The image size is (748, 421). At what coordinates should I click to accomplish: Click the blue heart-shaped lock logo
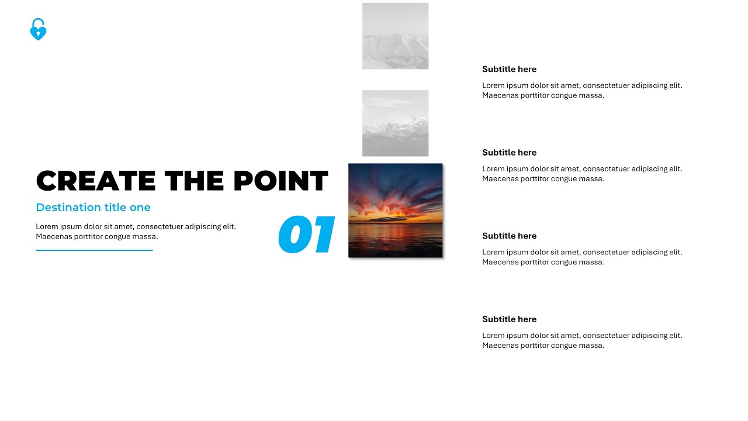[38, 30]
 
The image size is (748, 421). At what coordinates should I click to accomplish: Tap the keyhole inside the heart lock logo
[38, 33]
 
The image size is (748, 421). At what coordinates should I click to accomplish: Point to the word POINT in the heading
[280, 181]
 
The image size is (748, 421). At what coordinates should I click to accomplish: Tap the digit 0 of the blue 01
[296, 235]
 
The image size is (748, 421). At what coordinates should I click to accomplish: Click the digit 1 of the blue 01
[323, 235]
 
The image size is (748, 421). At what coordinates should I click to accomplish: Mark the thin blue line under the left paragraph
[94, 250]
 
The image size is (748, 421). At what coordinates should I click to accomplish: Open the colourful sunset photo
[395, 210]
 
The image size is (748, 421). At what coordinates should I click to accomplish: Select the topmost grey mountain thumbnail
[395, 36]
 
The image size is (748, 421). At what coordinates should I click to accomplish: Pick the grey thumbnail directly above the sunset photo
[395, 123]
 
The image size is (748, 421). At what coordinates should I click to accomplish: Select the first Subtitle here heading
[509, 69]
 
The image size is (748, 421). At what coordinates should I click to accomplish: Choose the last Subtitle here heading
[509, 319]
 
